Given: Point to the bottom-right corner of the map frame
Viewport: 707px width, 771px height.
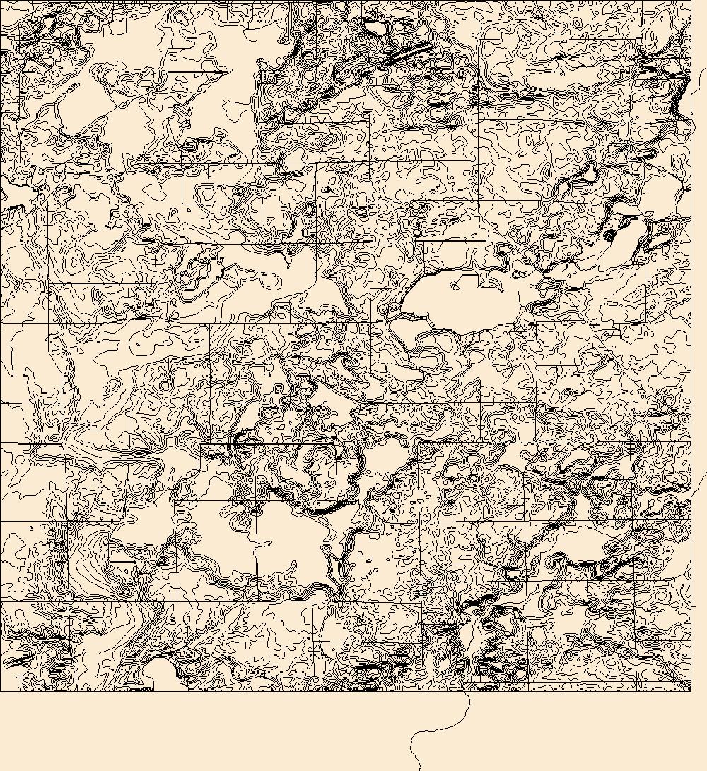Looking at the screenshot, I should (691, 690).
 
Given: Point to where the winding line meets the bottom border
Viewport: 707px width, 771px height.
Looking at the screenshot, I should (467, 691).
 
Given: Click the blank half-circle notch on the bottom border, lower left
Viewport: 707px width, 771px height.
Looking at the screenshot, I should (161, 675).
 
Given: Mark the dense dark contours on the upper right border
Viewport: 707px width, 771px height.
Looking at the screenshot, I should (682, 92).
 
